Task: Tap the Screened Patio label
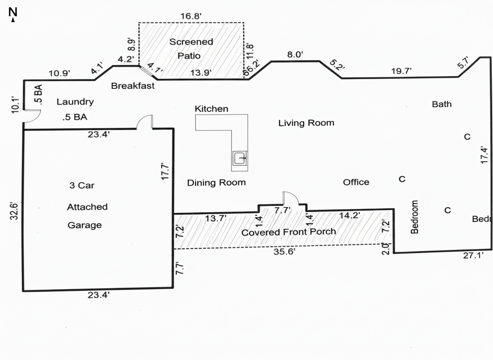pyautogui.click(x=191, y=48)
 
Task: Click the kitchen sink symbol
pyautogui.click(x=240, y=159)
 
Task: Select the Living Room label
pyautogui.click(x=306, y=123)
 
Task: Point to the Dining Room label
pyautogui.click(x=216, y=182)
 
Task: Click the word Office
pyautogui.click(x=356, y=182)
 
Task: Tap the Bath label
pyautogui.click(x=441, y=104)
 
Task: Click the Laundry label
pyautogui.click(x=75, y=102)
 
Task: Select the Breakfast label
pyautogui.click(x=133, y=86)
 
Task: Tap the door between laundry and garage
pyautogui.click(x=145, y=122)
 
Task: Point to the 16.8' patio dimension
pyautogui.click(x=191, y=16)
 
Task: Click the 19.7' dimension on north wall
pyautogui.click(x=401, y=71)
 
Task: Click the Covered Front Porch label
pyautogui.click(x=289, y=232)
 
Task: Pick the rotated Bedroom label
pyautogui.click(x=414, y=217)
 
